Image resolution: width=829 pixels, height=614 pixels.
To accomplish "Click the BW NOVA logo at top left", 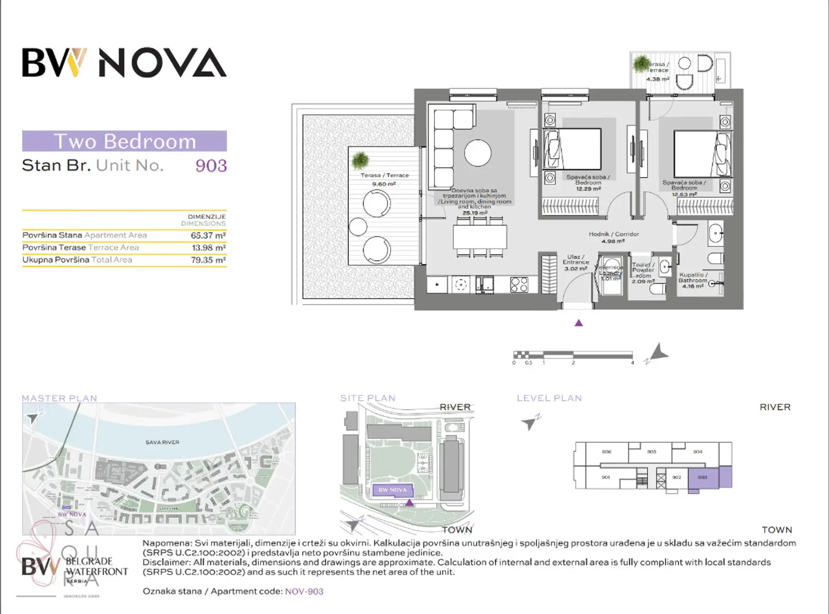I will coord(124,63).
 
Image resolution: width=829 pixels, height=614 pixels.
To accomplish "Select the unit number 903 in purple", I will coord(211,166).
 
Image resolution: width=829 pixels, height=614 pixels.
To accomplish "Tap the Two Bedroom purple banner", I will coord(124,141).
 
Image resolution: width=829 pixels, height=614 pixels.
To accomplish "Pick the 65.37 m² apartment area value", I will coord(208,235).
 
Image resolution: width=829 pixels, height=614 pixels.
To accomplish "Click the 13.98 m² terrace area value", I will coord(208,248).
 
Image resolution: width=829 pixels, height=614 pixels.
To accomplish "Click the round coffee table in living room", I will coord(478,153).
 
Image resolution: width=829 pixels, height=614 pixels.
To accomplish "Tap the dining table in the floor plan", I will coord(480,237).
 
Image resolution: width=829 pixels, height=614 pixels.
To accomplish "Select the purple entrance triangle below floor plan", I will coord(579,323).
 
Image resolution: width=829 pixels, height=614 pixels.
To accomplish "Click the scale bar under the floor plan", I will coord(573,355).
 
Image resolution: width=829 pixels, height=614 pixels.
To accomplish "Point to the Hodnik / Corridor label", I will coord(613,234).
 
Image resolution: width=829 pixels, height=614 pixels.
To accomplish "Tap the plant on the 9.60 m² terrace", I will coord(360,160).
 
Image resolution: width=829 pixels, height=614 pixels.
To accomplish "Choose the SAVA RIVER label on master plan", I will coord(162,442).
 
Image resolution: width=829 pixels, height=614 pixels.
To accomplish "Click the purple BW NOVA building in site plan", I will coord(393,490).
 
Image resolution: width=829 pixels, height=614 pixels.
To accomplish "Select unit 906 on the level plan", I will coord(606,452).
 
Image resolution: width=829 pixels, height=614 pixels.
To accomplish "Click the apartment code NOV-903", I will coord(304,591).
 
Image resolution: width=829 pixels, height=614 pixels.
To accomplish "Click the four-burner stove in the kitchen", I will coord(519,285).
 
